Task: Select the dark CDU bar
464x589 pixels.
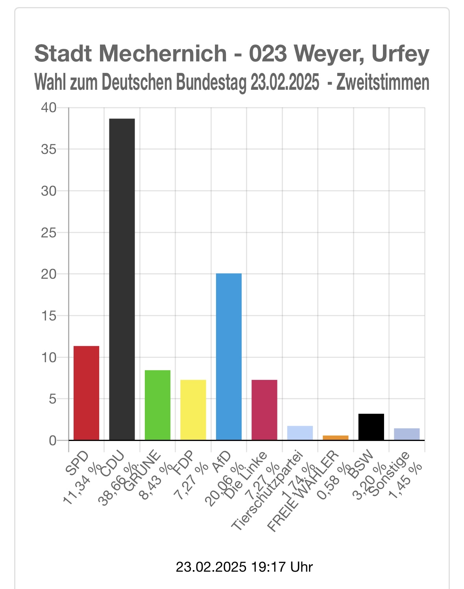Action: tap(122, 279)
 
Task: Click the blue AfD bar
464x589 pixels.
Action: tap(229, 356)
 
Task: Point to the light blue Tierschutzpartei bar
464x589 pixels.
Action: tap(300, 433)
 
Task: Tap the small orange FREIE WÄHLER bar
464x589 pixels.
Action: tap(335, 437)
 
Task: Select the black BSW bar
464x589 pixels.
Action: tap(371, 427)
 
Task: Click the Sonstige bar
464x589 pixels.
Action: tap(407, 434)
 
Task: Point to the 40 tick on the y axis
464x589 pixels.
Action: tap(49, 107)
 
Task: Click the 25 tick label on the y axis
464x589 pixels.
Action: tap(49, 233)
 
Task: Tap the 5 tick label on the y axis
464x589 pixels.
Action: tap(52, 399)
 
